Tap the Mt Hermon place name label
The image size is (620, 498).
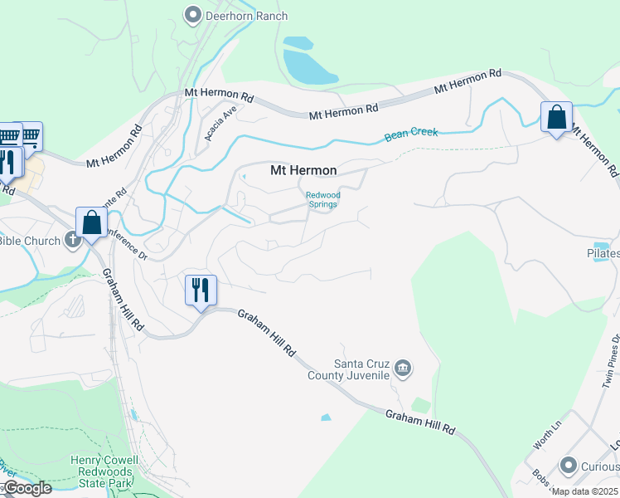point(303,170)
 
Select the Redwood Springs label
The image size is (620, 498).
point(323,199)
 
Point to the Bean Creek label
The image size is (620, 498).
point(411,134)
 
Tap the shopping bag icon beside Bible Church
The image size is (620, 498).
point(91,222)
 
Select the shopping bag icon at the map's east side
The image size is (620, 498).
point(556,117)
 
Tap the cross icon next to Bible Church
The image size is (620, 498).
point(72,241)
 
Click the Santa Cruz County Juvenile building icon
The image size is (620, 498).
point(403,369)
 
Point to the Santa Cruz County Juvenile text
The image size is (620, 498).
point(361,369)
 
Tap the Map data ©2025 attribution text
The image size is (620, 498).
point(584,491)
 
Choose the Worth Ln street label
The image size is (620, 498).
point(547,435)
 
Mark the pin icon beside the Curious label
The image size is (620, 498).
point(568,466)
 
